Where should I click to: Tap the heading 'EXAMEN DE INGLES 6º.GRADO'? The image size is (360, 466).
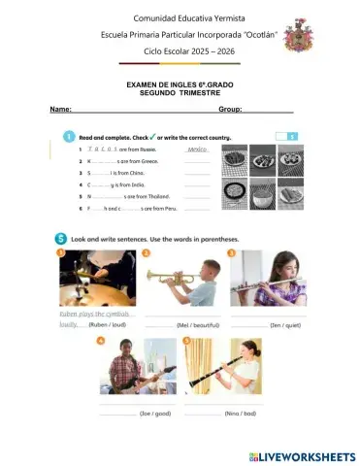coord(180,85)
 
